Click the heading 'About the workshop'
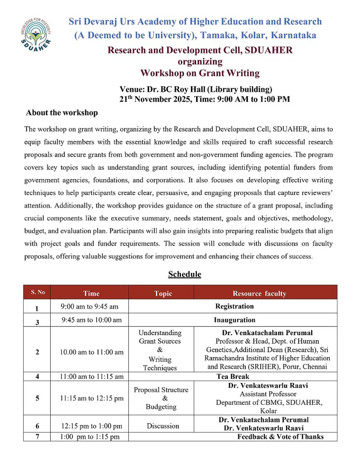tap(62, 113)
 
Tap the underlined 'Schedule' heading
tap(184, 274)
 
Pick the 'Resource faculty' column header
tap(259, 293)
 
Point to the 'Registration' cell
tap(234, 306)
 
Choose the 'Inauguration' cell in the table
tap(234, 320)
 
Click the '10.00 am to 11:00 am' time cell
tap(91, 352)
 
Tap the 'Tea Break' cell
tap(233, 376)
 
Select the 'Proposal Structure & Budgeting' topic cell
tap(161, 398)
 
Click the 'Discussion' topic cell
tap(163, 426)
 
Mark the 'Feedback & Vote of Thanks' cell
tap(280, 437)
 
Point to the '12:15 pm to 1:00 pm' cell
tap(91, 426)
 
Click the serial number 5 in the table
tap(37, 398)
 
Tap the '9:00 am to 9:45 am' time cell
tap(90, 307)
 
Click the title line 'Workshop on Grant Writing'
tap(200, 73)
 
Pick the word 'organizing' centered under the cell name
tap(200, 62)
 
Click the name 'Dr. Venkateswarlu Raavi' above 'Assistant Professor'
tap(268, 385)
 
